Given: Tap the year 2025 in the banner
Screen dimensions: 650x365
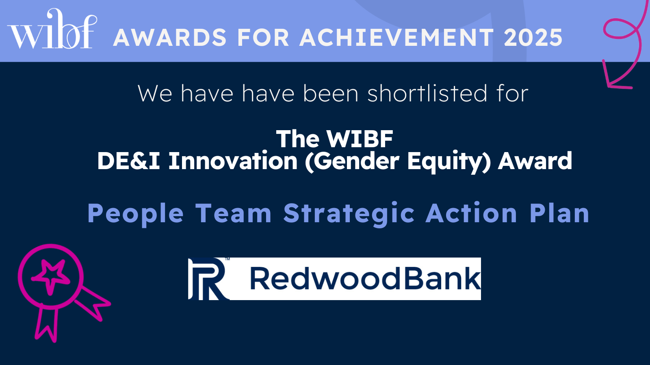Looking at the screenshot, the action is coord(533,37).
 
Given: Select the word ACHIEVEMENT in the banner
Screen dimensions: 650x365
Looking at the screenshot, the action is coord(396,37).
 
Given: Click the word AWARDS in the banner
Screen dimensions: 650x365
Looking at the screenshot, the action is coord(170,37).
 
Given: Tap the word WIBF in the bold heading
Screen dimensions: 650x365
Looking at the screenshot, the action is coord(360,139).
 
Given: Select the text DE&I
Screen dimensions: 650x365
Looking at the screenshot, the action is coord(128,161).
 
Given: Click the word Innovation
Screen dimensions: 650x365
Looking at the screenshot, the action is coord(233,161).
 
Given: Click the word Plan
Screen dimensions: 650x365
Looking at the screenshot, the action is coord(559,213).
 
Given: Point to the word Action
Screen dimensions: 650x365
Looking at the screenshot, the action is coord(471,213).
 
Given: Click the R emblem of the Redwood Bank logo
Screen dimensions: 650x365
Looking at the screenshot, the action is coord(208,279).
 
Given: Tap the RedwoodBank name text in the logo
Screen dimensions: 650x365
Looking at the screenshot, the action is coord(365,279).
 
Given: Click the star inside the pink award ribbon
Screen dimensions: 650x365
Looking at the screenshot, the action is coord(50,276).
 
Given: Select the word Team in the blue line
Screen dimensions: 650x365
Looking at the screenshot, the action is coord(234,213).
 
